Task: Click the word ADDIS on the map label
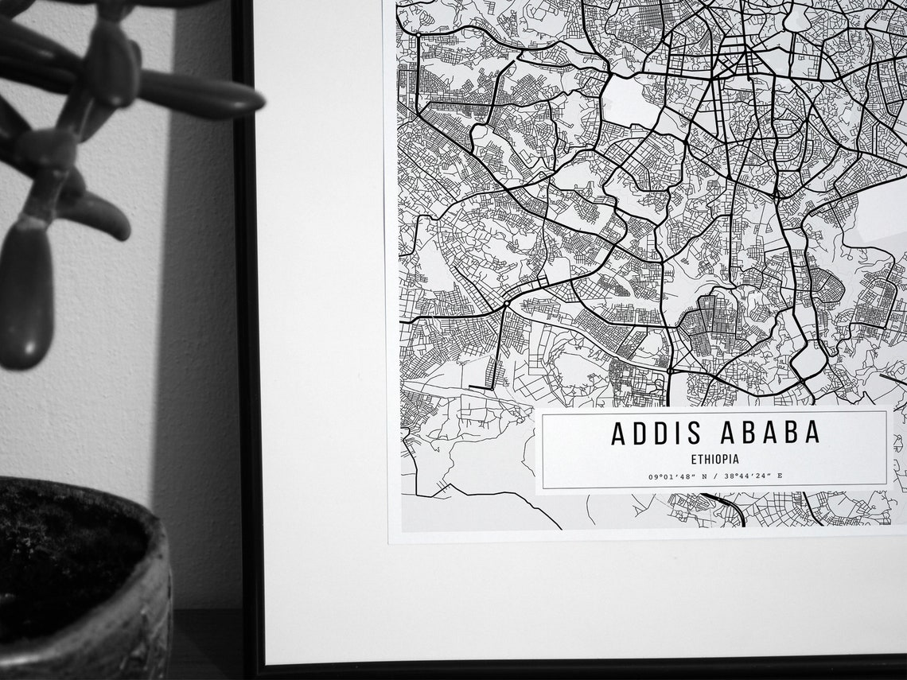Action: [656, 433]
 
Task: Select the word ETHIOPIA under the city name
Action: [714, 459]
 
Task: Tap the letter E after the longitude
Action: [780, 476]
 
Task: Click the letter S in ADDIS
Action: [695, 433]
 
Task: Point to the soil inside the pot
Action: [64, 549]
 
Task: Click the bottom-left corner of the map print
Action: [390, 541]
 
